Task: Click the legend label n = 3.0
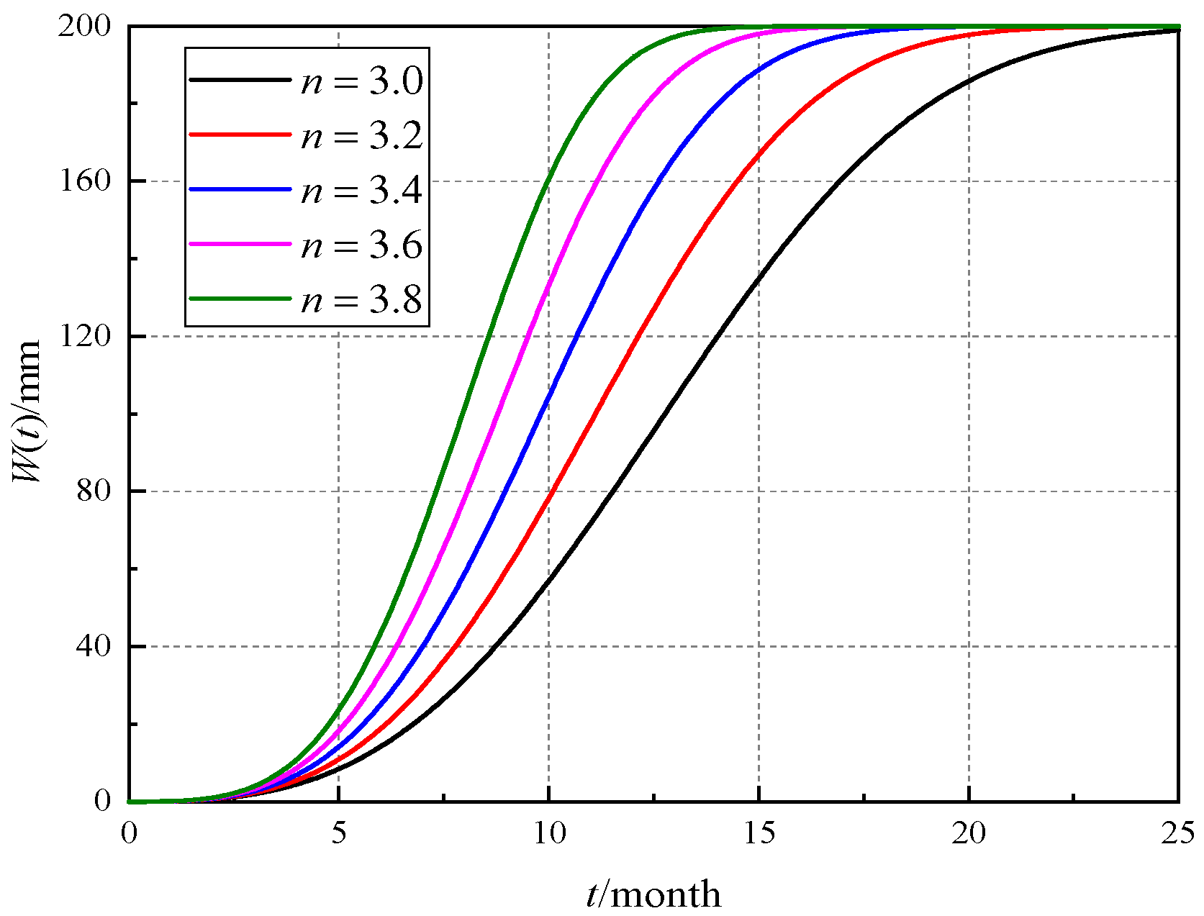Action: click(x=361, y=81)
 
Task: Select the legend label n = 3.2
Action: click(x=361, y=136)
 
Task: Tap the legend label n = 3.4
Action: click(x=361, y=191)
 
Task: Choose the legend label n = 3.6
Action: click(x=361, y=245)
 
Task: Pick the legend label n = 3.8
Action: click(x=361, y=300)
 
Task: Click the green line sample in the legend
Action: click(x=240, y=299)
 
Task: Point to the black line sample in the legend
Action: click(x=240, y=80)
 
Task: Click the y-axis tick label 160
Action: click(x=86, y=181)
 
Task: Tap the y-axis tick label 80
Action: click(x=94, y=491)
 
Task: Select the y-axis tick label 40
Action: click(x=94, y=645)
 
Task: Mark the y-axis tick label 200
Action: click(x=86, y=27)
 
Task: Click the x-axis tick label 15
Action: click(x=759, y=833)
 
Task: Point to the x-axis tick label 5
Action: click(x=338, y=833)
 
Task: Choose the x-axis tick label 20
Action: click(x=969, y=833)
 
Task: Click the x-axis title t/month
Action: click(x=653, y=894)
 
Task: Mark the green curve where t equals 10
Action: click(x=549, y=177)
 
